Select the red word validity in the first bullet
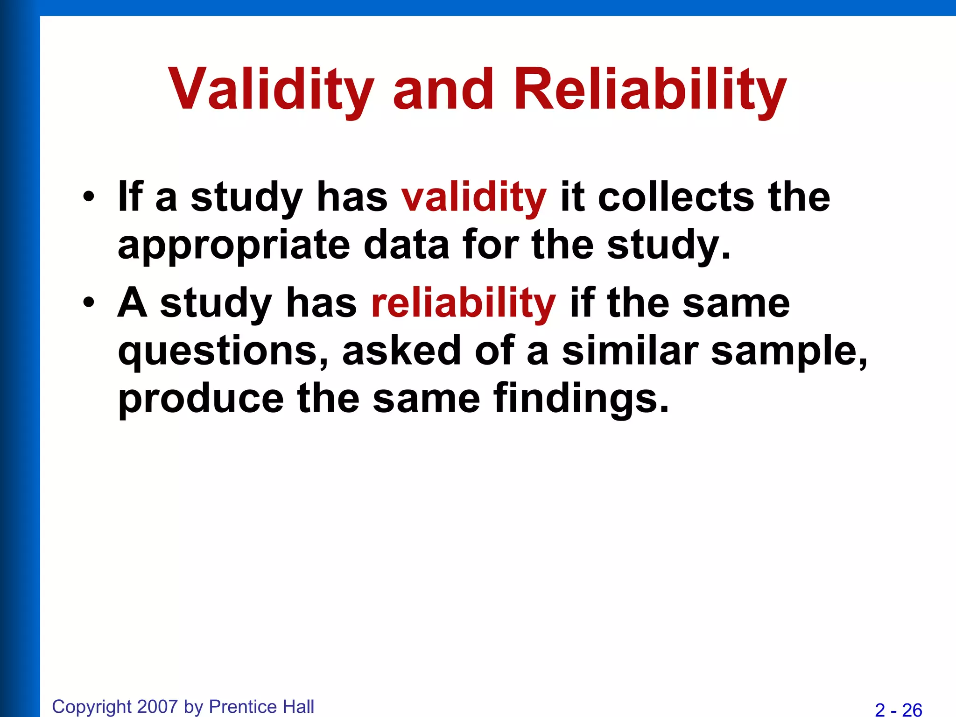click(x=473, y=197)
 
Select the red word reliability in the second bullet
click(x=463, y=303)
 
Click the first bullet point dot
click(x=89, y=197)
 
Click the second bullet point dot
click(x=89, y=303)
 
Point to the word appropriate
click(x=233, y=246)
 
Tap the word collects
click(x=676, y=197)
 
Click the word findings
click(x=581, y=399)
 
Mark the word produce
click(x=201, y=399)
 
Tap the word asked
click(x=401, y=351)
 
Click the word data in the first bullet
click(x=406, y=246)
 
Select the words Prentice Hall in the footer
click(x=261, y=707)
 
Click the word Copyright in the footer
click(x=92, y=707)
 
